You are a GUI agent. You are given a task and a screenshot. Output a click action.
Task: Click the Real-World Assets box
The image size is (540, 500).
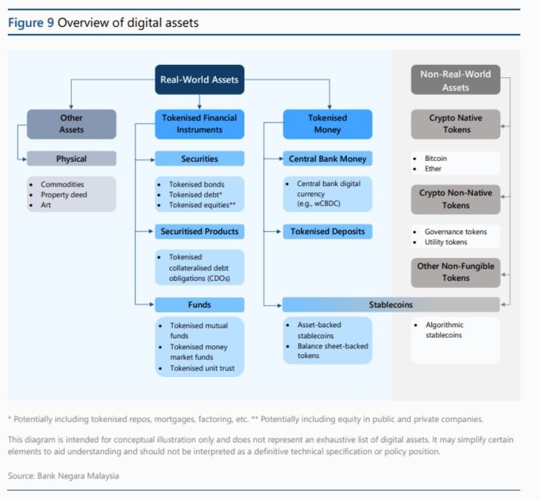tap(199, 80)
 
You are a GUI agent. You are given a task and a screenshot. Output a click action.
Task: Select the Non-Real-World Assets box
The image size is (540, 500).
tap(455, 80)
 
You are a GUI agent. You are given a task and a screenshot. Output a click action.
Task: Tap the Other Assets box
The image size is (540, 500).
tap(71, 124)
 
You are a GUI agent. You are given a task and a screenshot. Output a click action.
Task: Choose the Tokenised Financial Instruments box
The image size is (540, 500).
tap(199, 124)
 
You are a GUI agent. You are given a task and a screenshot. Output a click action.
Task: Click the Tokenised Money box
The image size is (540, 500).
tap(327, 124)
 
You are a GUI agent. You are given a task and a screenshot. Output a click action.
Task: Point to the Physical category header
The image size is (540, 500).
tap(71, 158)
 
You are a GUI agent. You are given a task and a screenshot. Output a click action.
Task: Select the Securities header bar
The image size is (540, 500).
tap(199, 158)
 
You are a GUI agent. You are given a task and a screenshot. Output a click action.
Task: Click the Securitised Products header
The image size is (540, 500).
tap(199, 232)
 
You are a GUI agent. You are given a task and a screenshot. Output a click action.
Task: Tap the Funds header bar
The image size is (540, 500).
tap(199, 304)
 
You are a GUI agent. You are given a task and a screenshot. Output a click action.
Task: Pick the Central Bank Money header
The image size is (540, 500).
tap(327, 158)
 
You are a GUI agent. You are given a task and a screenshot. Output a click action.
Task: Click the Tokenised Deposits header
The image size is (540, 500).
tap(327, 232)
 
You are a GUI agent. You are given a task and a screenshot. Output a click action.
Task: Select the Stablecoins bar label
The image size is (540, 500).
tap(390, 304)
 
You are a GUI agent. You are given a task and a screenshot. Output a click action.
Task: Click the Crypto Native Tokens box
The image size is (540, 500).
tap(455, 124)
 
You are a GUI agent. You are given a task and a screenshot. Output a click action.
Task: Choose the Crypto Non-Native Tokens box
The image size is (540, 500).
tap(455, 199)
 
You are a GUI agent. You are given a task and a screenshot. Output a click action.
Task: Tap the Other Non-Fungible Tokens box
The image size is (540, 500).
tap(455, 272)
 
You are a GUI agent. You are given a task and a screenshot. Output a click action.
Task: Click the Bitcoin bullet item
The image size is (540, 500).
tap(436, 158)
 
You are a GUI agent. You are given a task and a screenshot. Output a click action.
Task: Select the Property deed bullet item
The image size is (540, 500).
tap(63, 195)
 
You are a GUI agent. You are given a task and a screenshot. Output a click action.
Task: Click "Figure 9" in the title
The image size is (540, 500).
tap(31, 24)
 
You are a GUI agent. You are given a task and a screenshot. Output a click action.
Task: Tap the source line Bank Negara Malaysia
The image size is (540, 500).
tap(63, 476)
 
